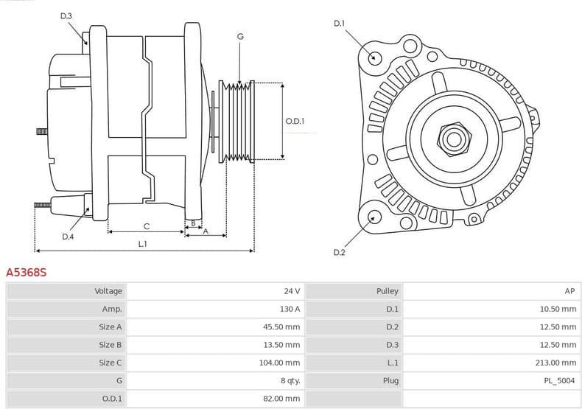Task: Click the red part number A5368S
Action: point(27,273)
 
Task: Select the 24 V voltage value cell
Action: point(292,291)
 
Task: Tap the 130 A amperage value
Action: point(289,309)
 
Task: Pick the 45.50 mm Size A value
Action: point(283,326)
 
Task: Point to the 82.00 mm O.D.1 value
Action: point(283,398)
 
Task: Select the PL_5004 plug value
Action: point(561,380)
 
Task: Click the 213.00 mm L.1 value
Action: point(557,363)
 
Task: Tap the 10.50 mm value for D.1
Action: point(558,309)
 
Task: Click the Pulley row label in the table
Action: point(388,291)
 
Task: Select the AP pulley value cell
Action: point(570,291)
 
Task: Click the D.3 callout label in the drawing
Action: point(66,15)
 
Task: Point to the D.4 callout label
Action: point(68,237)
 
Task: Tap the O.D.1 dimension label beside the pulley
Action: point(295,122)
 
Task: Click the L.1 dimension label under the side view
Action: point(142,244)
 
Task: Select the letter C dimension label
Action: point(147,226)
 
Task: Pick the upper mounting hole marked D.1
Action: point(374,57)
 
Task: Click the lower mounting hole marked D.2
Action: point(374,217)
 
